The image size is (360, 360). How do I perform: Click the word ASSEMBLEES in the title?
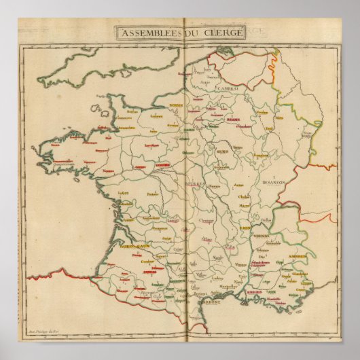pyautogui.click(x=147, y=33)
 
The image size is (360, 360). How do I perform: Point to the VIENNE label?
pyautogui.click(x=262, y=234)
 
